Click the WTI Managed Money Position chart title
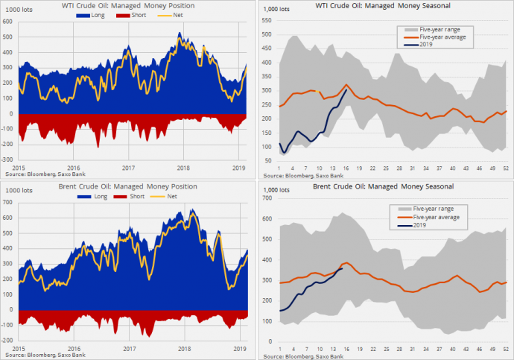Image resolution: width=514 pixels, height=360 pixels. coord(128,6)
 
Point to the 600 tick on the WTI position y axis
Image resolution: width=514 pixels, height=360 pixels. coord(8,22)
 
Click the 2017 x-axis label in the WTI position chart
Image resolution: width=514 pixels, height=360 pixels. coord(128,167)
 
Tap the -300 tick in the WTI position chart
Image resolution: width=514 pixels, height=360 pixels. coord(7,160)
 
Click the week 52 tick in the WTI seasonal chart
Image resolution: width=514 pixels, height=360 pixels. coord(506,168)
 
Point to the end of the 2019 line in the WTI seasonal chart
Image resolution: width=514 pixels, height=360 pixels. coord(346,90)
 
